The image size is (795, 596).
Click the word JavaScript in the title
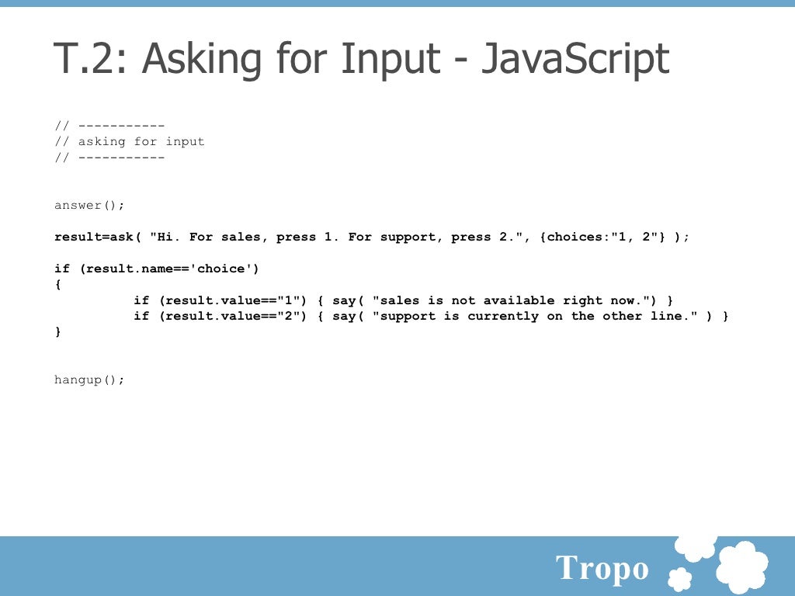tap(575, 59)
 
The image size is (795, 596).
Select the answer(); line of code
tap(89, 205)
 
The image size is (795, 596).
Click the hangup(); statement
tap(89, 379)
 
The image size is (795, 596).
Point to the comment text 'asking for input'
tap(141, 141)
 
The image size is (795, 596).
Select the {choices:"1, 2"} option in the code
tap(606, 237)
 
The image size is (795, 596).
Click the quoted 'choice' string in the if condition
tap(221, 269)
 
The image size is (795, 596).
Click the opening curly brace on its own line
tap(57, 284)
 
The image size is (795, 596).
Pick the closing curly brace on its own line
tap(57, 331)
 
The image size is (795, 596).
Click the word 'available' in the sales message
tap(519, 300)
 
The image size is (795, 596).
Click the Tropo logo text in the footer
tap(602, 569)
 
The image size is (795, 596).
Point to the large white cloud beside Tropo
tap(741, 567)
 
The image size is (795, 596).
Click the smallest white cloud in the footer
tap(680, 579)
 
